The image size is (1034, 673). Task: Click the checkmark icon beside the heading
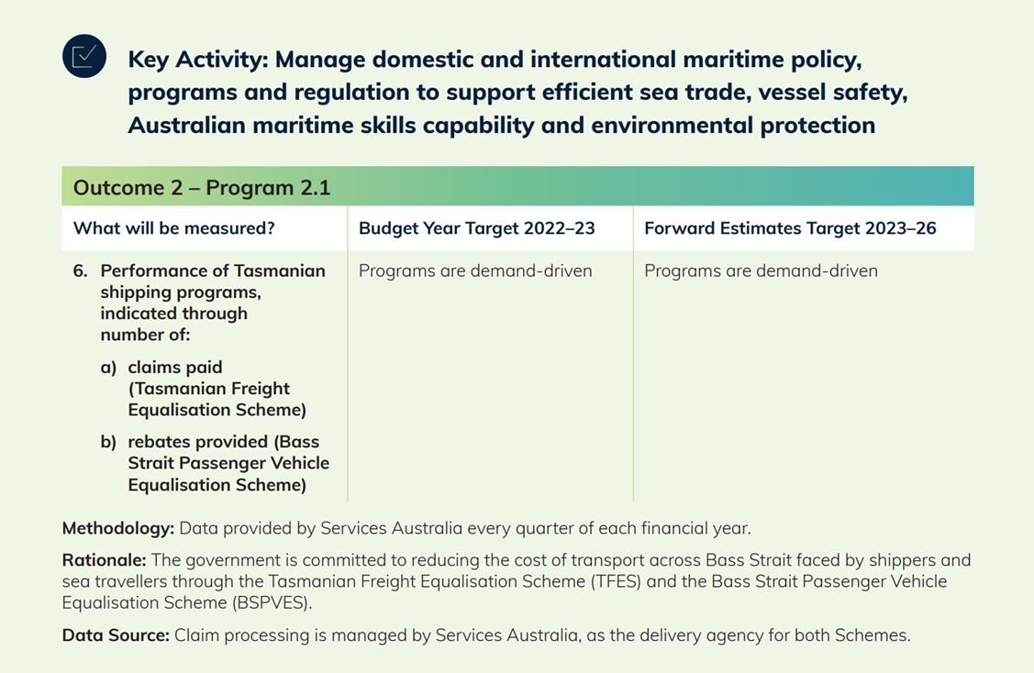[84, 56]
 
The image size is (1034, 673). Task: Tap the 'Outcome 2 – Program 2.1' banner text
[202, 188]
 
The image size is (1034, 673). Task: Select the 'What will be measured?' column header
[174, 228]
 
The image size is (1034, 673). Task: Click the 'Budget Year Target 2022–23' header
[477, 228]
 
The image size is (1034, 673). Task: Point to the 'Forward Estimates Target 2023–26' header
[790, 228]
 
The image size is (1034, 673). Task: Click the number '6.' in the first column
[81, 270]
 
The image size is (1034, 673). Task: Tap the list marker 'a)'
[108, 368]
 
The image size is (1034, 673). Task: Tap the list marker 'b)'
[108, 442]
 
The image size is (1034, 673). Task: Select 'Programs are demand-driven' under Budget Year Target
[475, 270]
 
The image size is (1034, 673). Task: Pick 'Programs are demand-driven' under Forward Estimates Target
[761, 270]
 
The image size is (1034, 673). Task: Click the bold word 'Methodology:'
[118, 529]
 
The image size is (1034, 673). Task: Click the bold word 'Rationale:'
[105, 560]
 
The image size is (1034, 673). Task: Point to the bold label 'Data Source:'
[116, 635]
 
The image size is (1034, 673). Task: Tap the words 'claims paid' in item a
[175, 367]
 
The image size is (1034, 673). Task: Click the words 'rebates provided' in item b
[198, 442]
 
